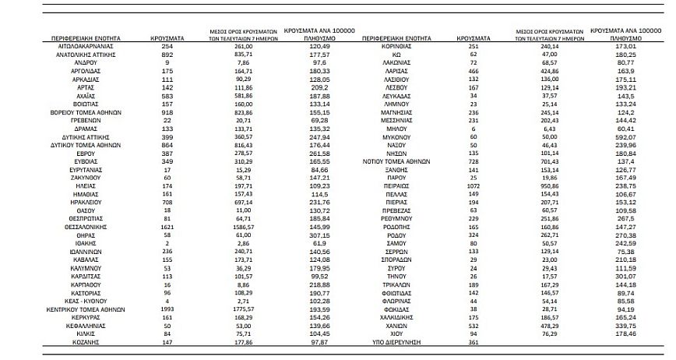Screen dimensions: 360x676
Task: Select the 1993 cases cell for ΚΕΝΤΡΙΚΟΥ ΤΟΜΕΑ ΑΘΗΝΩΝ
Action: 167,309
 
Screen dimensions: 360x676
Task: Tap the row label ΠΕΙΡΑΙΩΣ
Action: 397,188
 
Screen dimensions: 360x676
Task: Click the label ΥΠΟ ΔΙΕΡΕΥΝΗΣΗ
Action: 397,342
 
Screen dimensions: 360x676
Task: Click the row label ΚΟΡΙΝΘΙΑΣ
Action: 397,46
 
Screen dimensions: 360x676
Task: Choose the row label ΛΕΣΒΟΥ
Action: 397,88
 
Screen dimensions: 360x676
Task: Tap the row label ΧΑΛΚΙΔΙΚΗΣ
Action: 397,318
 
